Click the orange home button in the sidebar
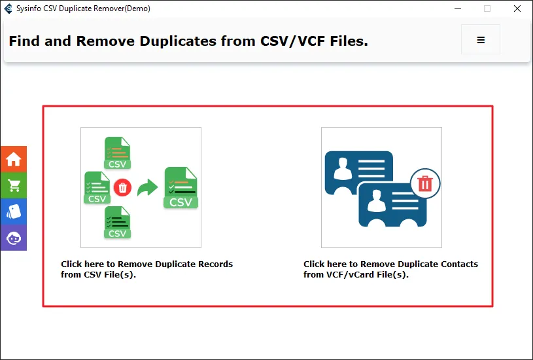(x=14, y=159)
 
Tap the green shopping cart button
(x=14, y=185)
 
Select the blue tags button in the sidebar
(x=14, y=211)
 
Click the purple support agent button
(x=14, y=238)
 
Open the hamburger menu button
(x=481, y=39)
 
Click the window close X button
(x=517, y=9)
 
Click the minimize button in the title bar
(x=458, y=9)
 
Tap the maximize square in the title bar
(x=487, y=9)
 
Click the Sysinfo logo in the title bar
(x=8, y=9)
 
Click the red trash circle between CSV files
(x=123, y=187)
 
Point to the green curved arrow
(x=147, y=187)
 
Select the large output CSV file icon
(x=181, y=187)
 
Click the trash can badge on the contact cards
(x=425, y=183)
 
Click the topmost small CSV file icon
(x=117, y=153)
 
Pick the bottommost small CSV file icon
(x=117, y=222)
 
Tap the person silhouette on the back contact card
(x=343, y=169)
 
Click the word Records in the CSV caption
(x=216, y=264)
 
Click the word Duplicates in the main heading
(x=178, y=41)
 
